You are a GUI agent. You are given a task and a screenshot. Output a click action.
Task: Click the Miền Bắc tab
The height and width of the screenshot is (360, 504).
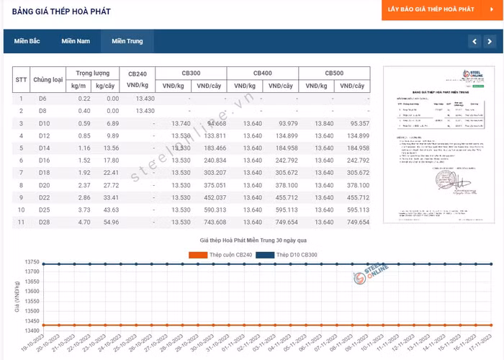[27, 41]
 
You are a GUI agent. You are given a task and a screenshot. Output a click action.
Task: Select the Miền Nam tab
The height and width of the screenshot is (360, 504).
[76, 41]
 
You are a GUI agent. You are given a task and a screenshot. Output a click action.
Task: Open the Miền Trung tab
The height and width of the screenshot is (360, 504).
[127, 41]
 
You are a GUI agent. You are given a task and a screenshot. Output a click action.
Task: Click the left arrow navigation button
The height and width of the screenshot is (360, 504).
[474, 41]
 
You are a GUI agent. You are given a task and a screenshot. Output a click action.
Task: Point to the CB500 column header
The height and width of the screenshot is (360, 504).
[334, 73]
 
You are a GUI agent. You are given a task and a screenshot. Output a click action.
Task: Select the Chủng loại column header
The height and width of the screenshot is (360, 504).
[48, 79]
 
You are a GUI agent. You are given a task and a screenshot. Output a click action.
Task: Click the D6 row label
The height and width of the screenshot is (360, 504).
[42, 99]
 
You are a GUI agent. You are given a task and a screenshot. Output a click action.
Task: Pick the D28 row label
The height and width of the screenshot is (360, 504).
[43, 222]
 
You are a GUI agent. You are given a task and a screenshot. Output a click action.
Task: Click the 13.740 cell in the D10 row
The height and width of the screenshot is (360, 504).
[181, 123]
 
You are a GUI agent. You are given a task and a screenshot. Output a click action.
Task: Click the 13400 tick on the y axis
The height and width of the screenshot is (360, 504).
[32, 331]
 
